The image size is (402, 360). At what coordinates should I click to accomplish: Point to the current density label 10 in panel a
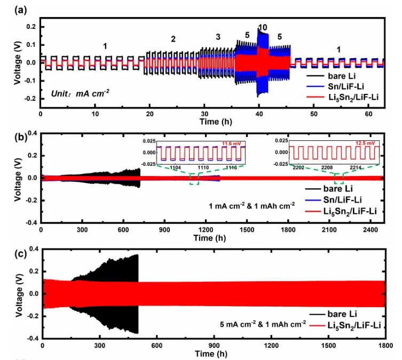(262, 27)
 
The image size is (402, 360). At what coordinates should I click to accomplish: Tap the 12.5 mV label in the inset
(367, 143)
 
